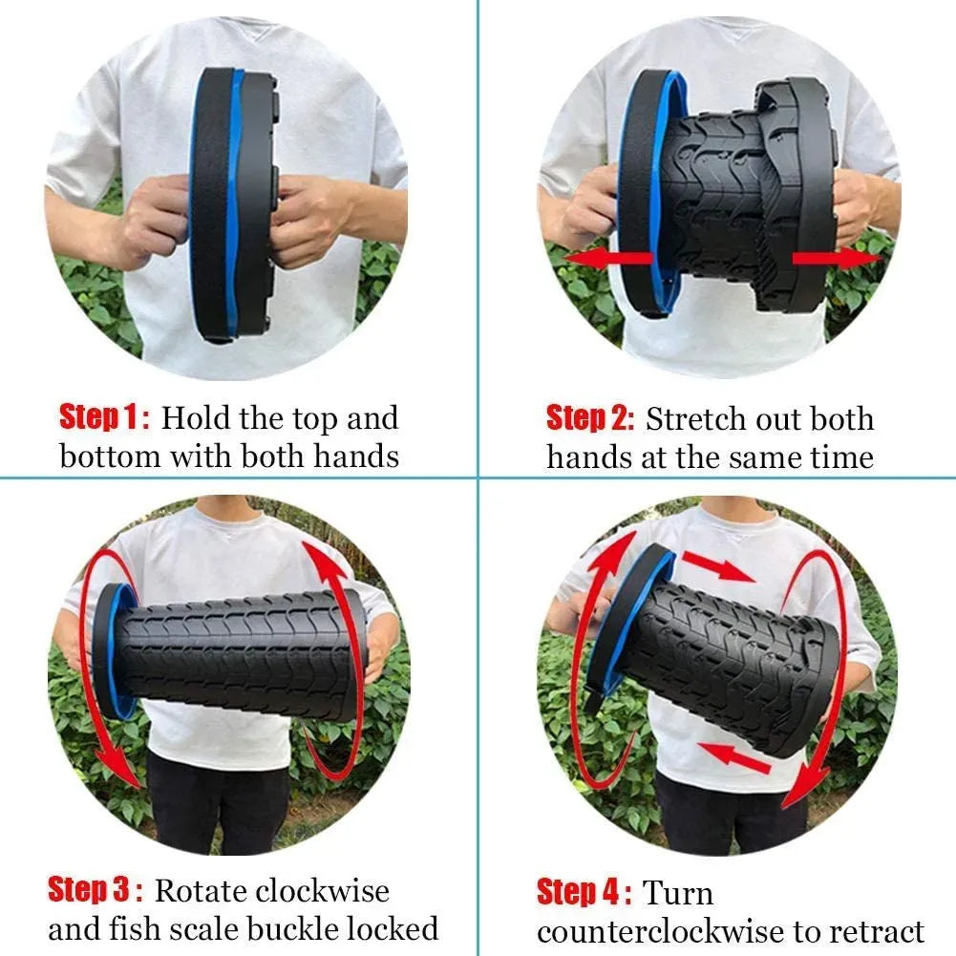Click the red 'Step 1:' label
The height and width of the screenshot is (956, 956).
click(x=104, y=417)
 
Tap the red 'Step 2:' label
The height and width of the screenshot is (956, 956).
click(x=589, y=418)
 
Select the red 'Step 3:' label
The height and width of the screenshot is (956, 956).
click(x=96, y=890)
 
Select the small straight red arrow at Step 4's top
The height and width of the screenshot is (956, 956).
click(x=716, y=568)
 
